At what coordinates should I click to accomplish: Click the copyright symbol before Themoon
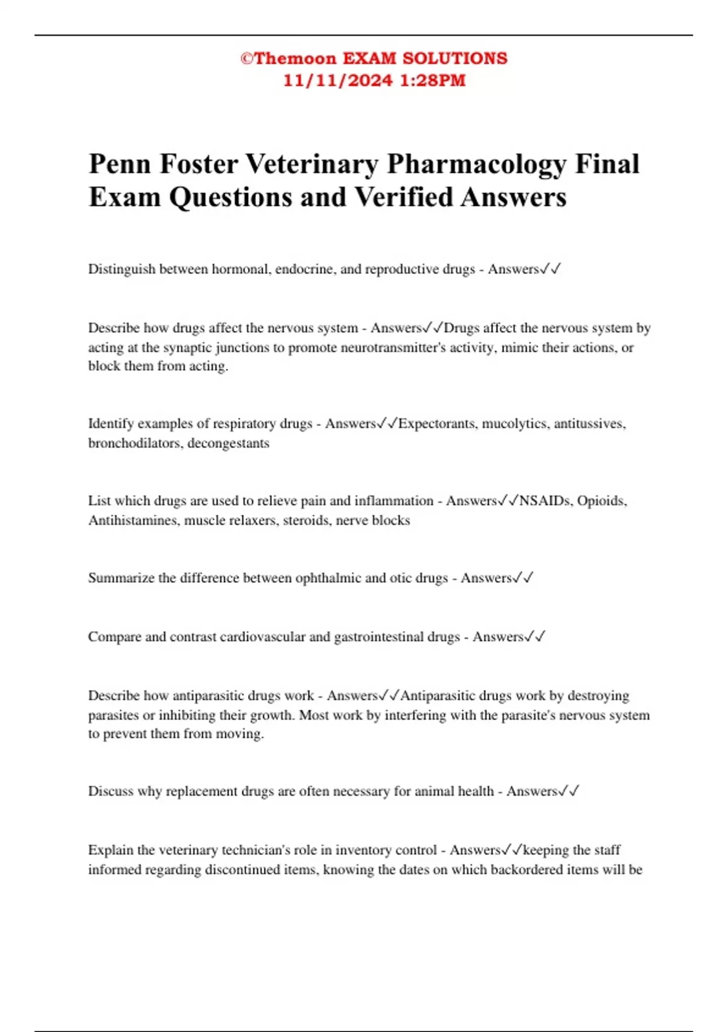pos(246,59)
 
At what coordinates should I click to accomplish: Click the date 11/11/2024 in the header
pos(338,81)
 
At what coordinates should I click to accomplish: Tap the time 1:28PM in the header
pos(433,81)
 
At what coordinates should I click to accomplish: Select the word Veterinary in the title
pos(312,164)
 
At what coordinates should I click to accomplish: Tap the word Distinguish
pos(121,269)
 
